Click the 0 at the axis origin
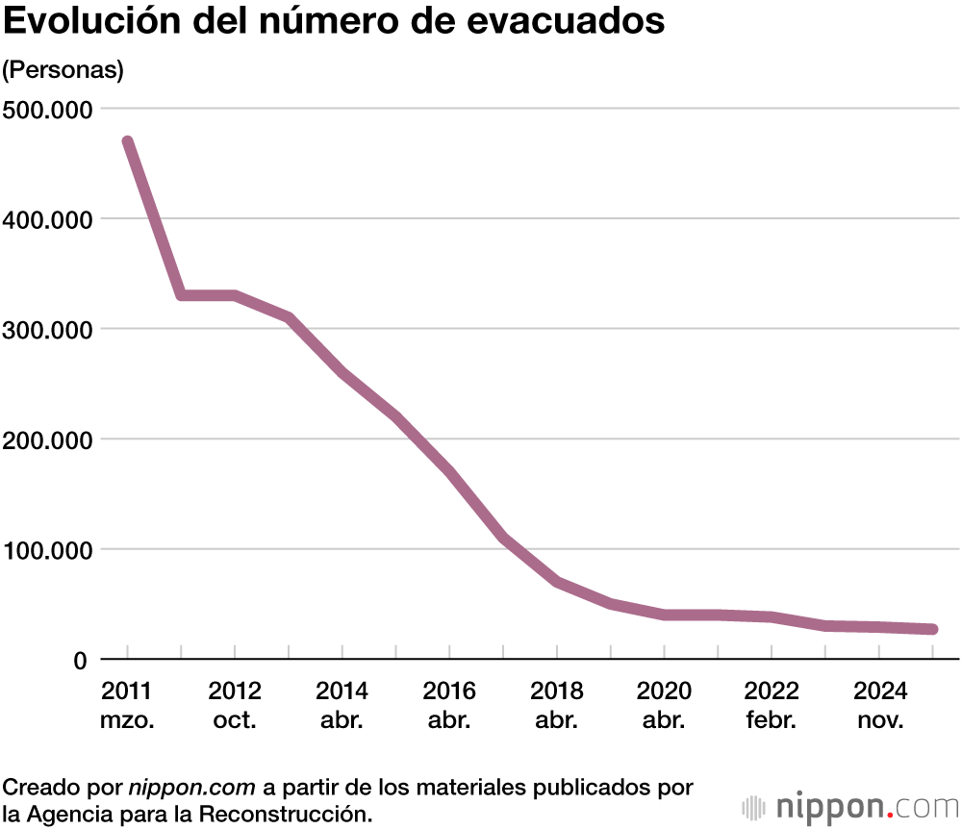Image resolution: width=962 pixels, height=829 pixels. coord(81,661)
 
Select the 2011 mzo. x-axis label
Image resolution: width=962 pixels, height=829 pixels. coord(127,705)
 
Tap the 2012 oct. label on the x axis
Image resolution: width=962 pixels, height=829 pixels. coord(235,705)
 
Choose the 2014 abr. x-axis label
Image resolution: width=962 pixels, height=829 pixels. coord(342,705)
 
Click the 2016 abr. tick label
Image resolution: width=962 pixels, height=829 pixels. coord(449,705)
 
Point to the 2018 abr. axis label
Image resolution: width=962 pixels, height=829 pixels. coord(556,705)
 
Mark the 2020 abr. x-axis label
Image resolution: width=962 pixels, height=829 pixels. coord(664,705)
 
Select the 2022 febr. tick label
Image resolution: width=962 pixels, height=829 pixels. coord(771,705)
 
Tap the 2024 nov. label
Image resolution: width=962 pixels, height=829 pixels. coord(877,705)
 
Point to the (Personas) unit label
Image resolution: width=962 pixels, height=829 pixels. coord(63,70)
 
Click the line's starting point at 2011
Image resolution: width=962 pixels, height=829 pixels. coord(127,142)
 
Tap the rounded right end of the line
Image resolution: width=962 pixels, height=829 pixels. coord(931,629)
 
